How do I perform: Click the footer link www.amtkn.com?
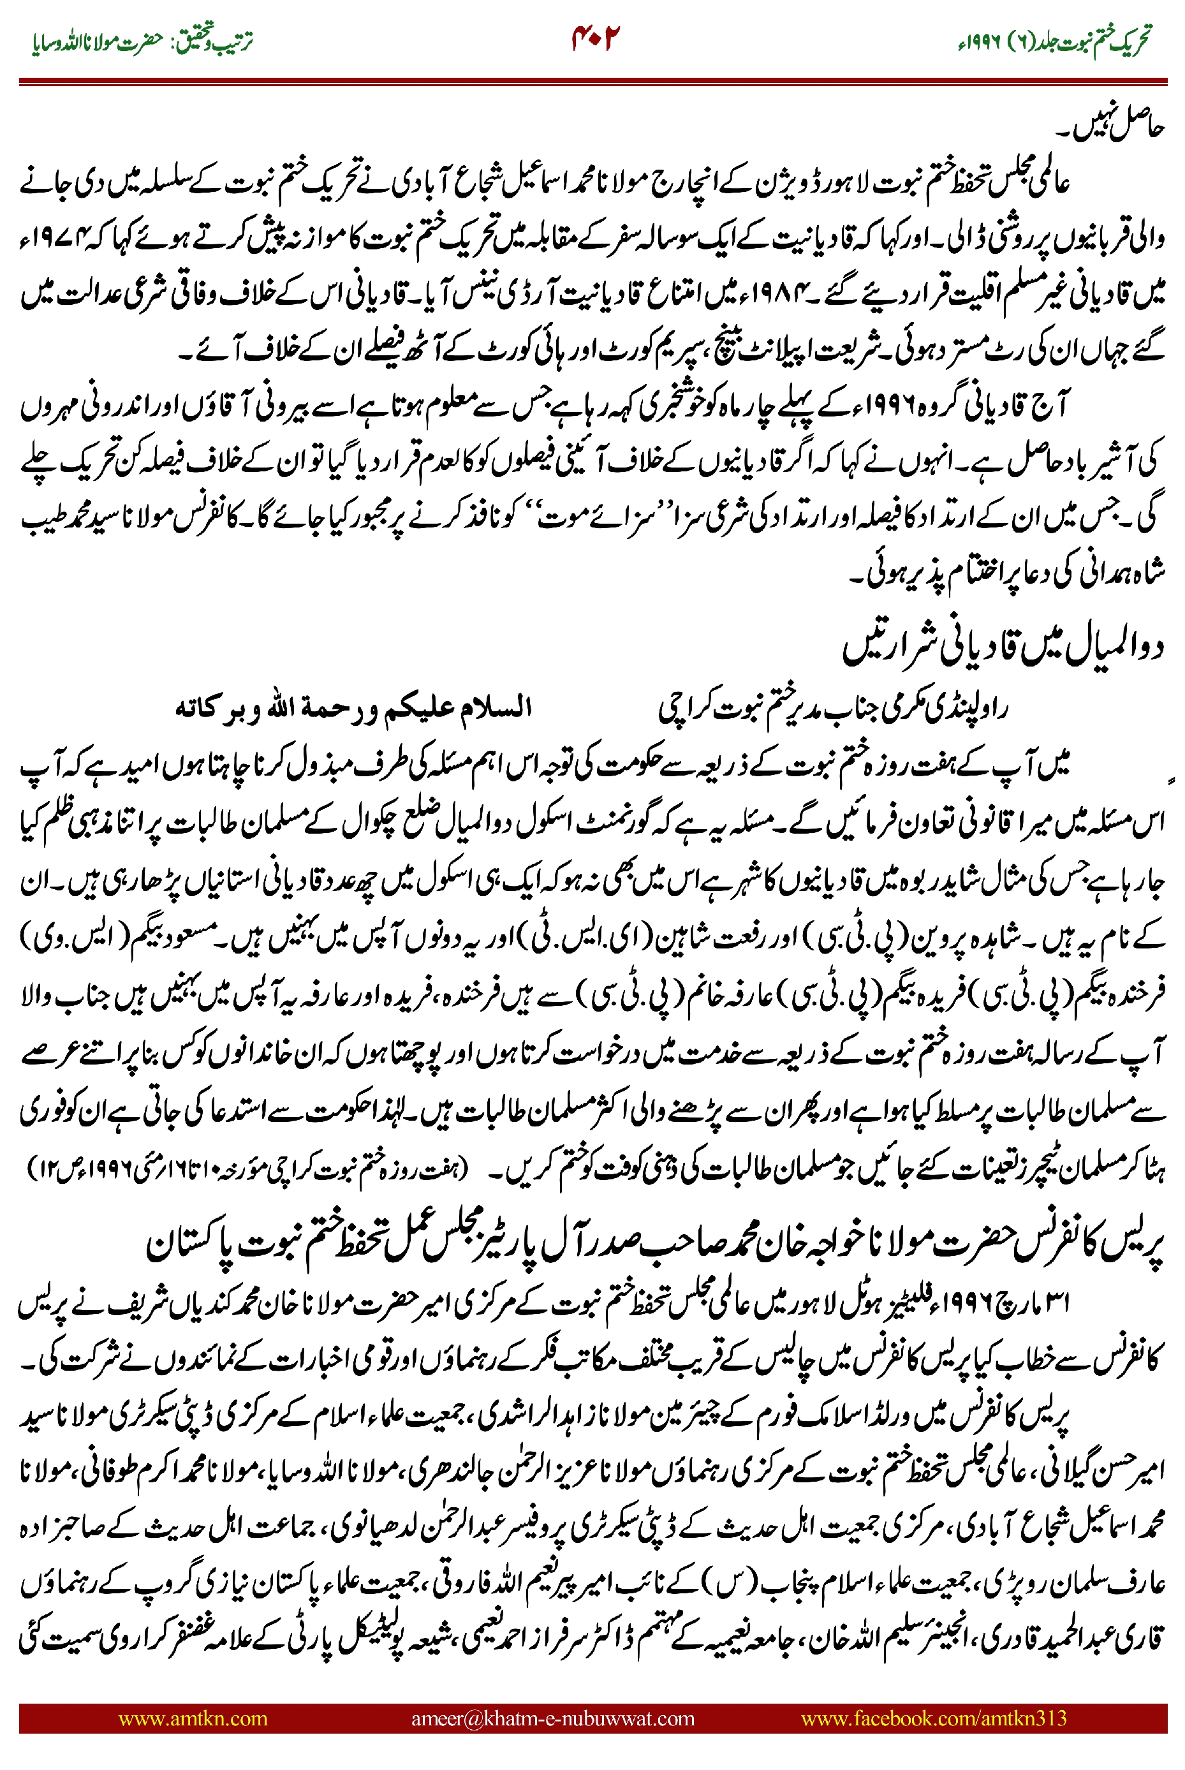point(193,1718)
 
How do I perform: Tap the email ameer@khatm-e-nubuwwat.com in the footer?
point(552,1718)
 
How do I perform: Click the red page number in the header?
point(594,38)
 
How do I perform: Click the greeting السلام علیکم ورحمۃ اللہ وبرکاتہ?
point(354,708)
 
